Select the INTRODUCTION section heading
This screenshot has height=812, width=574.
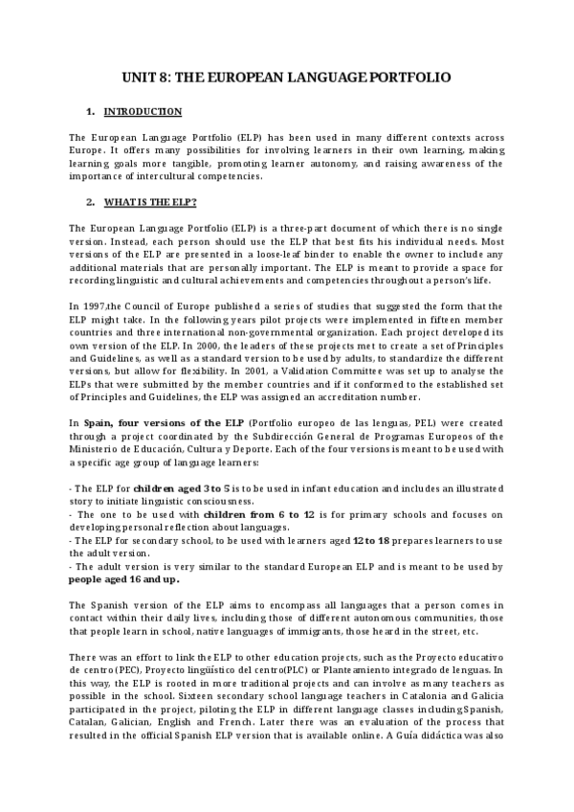click(x=143, y=112)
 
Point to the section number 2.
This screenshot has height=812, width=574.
click(x=90, y=202)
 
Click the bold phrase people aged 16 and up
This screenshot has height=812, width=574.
click(x=123, y=579)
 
